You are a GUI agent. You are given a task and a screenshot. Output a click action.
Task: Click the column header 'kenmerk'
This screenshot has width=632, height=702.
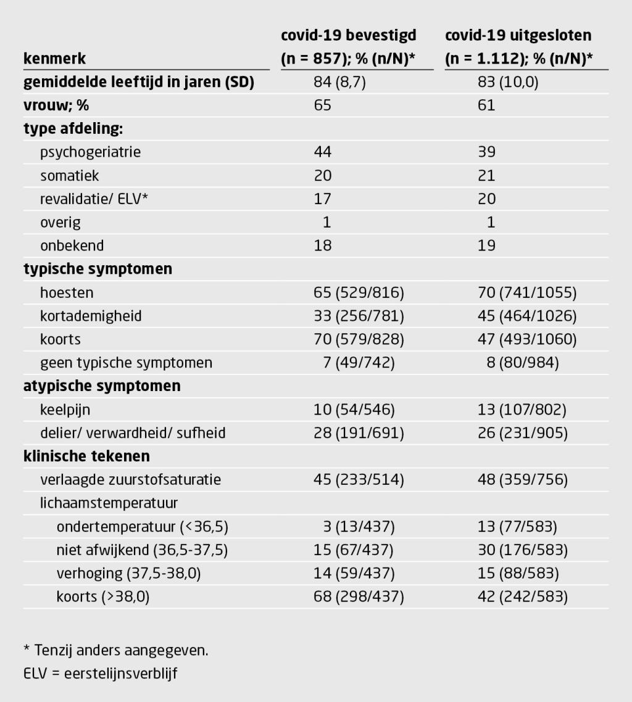(54, 59)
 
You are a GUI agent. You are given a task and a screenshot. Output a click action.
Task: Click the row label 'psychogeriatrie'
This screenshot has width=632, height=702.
(90, 152)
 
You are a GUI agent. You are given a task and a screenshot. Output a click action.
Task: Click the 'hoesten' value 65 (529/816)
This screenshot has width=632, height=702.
(359, 292)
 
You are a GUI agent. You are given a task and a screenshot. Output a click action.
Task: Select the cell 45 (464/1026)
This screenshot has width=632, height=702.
(527, 316)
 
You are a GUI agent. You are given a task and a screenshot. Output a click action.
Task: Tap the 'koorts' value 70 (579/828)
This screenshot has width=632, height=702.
(359, 339)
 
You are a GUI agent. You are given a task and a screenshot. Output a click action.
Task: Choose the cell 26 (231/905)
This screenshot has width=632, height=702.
(523, 433)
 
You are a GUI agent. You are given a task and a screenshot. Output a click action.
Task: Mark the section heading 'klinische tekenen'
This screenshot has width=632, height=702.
(86, 456)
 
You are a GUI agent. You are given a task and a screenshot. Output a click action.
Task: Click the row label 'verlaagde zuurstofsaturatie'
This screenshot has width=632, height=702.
(130, 479)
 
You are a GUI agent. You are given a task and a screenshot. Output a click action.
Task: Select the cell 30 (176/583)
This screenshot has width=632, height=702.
(523, 550)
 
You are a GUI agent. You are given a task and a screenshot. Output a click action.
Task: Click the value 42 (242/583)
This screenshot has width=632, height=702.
(523, 597)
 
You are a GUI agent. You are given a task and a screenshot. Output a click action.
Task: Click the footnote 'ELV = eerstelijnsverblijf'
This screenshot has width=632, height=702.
(100, 674)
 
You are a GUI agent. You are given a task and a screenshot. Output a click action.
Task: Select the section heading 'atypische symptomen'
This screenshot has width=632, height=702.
(102, 386)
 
